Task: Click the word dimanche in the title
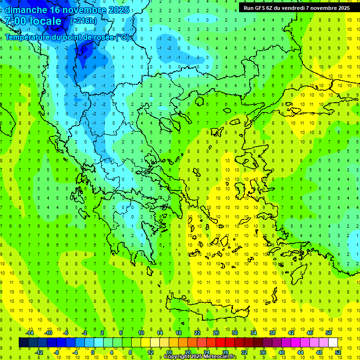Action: [x=26, y=9]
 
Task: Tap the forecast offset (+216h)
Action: [x=83, y=21]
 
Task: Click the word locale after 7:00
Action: [x=45, y=21]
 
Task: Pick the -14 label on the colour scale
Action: [x=29, y=332]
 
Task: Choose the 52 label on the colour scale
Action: [x=337, y=352]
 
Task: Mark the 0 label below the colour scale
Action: [x=93, y=352]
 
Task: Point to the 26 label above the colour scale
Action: [x=216, y=332]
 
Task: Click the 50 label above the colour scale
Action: [x=328, y=332]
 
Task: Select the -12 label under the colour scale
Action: [x=39, y=352]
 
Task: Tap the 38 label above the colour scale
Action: [x=272, y=332]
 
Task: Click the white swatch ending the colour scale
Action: [x=333, y=342]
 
